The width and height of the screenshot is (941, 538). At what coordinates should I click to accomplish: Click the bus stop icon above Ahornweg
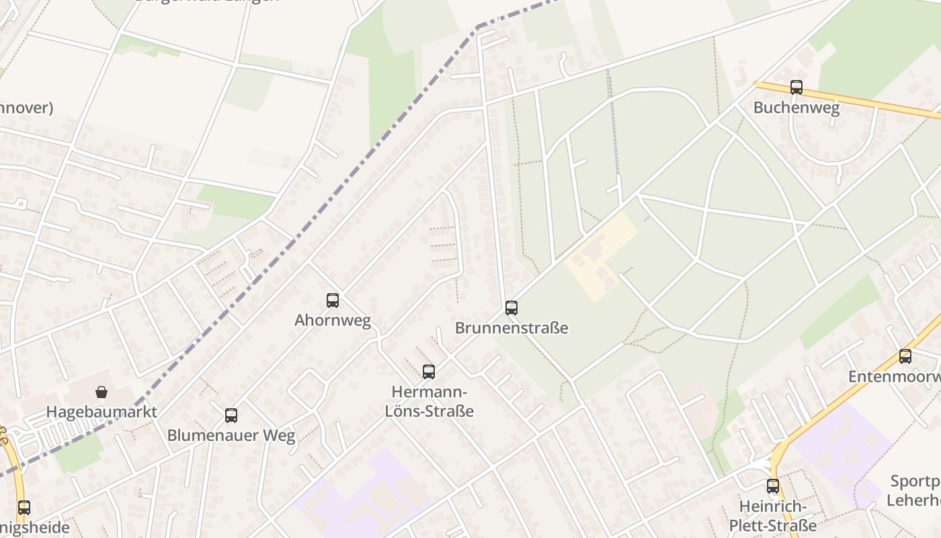(x=333, y=301)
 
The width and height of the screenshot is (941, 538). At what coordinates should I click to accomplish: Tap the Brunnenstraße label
(x=512, y=328)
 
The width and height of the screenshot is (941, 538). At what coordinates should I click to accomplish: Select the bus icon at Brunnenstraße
(x=512, y=308)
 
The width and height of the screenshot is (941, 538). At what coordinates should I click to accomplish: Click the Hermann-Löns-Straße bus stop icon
(x=429, y=371)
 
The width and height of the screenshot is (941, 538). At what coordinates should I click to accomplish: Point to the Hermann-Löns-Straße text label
(x=429, y=401)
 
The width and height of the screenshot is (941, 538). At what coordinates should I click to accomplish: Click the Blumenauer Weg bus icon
(x=231, y=415)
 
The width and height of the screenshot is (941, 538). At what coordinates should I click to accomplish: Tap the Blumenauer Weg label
(x=231, y=436)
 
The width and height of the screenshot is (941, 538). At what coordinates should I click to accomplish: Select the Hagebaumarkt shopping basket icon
(x=101, y=391)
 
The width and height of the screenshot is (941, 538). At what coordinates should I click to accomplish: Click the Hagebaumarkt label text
(x=101, y=412)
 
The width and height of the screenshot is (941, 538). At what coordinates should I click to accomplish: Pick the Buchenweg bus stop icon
(x=796, y=87)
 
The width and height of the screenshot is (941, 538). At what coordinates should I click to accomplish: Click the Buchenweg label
(x=796, y=108)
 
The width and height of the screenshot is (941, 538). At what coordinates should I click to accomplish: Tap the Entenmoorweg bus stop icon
(x=905, y=356)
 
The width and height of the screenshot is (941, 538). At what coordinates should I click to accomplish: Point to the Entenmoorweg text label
(x=894, y=377)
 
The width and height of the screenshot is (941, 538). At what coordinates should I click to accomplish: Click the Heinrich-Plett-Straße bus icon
(x=773, y=486)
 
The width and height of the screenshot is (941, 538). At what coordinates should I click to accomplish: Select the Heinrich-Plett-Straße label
(x=773, y=516)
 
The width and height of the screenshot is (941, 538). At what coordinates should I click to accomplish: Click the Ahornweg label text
(x=333, y=321)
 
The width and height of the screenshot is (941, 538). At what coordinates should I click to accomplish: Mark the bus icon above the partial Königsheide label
(x=24, y=507)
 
